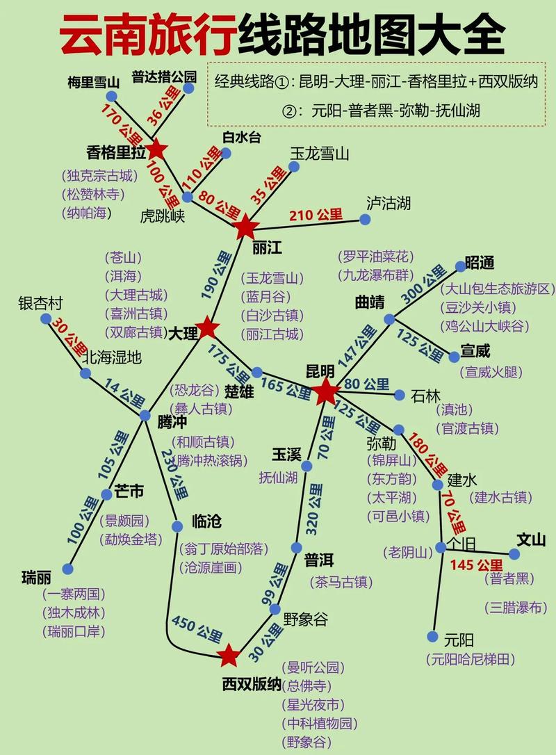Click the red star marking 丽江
coord(246,227)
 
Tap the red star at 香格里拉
coord(156,149)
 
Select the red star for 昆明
coord(325,392)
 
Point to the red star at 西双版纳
coord(229,655)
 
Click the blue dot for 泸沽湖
coord(365,220)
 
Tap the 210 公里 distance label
coord(316,215)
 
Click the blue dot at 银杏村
coord(46,318)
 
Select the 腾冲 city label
coord(172,421)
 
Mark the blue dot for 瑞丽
coord(67,569)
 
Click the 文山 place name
coord(531,539)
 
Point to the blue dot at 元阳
coord(432,637)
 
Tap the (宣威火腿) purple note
coord(490,372)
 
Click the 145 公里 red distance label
coord(476,565)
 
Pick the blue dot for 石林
coord(400,395)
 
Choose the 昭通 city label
coord(480,263)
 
